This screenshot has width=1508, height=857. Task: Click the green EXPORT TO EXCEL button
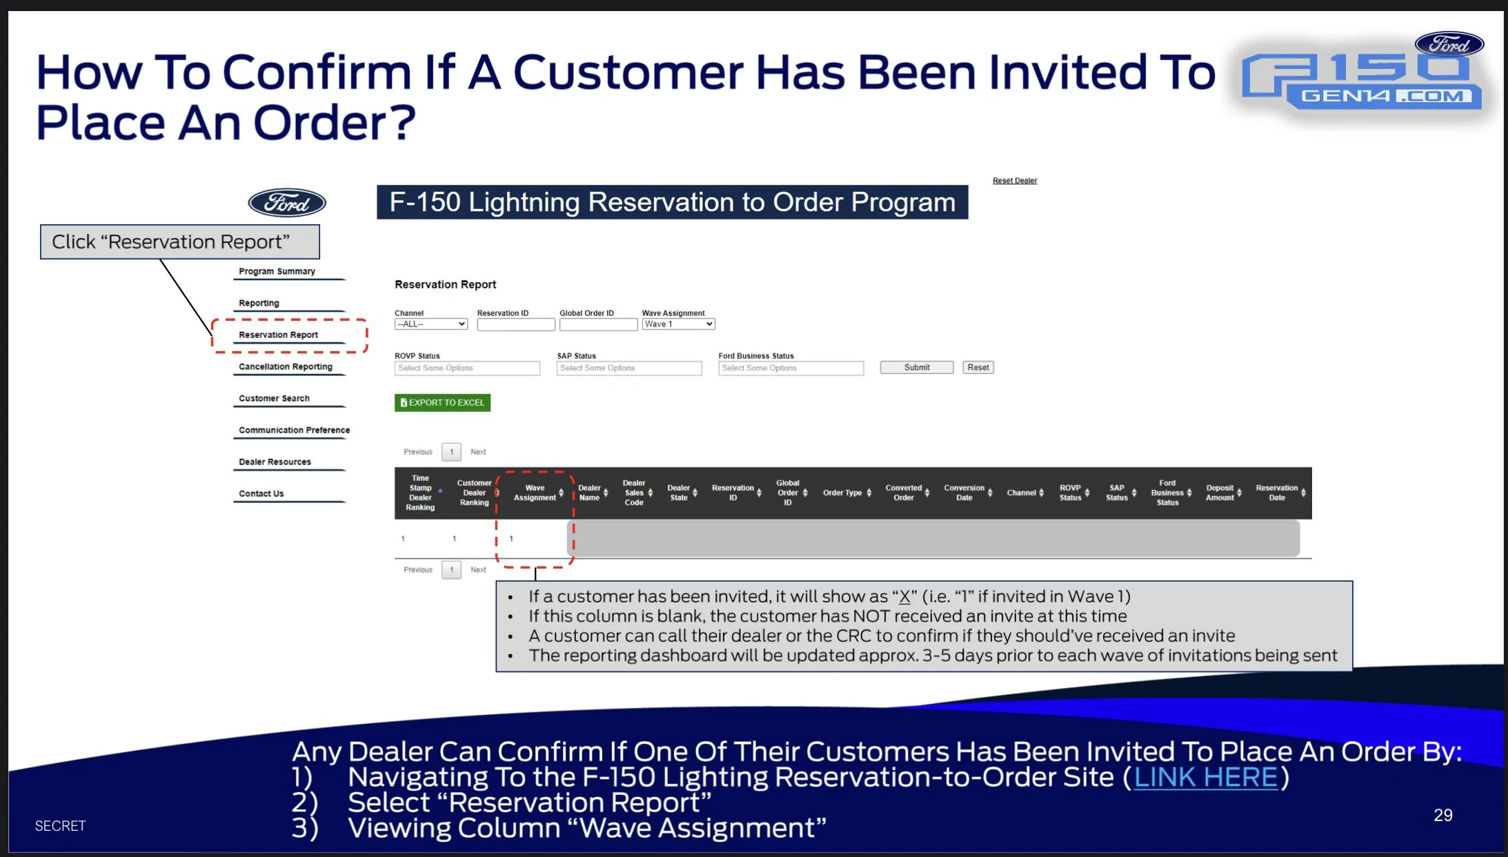coord(442,402)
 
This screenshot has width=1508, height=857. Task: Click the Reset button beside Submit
coord(978,368)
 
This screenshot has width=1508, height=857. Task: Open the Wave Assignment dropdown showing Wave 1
coord(678,324)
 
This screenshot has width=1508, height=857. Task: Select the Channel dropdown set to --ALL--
coord(431,324)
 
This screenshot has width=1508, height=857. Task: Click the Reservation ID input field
coord(516,325)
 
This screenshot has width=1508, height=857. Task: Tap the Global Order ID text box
coord(598,325)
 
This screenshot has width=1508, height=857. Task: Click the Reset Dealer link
coord(1015,181)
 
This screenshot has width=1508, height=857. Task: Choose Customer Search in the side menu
coord(274,398)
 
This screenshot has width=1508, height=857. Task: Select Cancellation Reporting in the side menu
coord(286,366)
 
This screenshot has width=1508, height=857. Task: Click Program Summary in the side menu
coord(277,271)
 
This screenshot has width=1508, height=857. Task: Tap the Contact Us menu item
coord(261,493)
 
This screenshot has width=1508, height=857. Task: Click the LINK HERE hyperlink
coord(1206,778)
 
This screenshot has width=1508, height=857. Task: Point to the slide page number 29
coord(1443,815)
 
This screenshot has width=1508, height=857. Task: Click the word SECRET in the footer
coord(61,826)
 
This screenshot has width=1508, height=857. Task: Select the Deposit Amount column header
coord(1220,493)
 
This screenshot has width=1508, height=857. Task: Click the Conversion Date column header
coord(964,493)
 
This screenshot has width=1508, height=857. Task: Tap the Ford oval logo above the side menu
coord(287,203)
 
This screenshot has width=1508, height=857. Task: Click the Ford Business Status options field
coord(791,368)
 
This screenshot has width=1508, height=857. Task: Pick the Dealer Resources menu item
coord(275,462)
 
